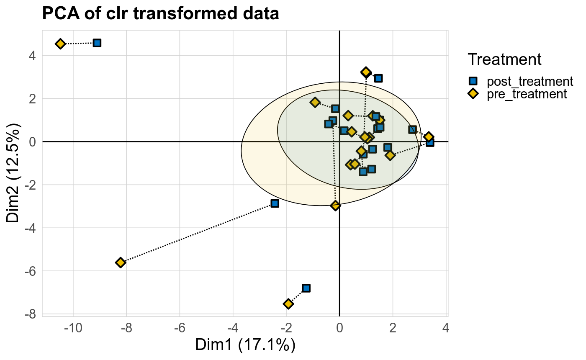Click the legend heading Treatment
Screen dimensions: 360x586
coord(505,59)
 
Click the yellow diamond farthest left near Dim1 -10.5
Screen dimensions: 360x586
coord(60,44)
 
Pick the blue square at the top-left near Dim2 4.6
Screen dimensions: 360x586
coord(97,43)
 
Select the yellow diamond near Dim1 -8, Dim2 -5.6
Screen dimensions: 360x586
coord(121,262)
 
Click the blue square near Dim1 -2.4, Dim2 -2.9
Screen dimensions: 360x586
coord(275,203)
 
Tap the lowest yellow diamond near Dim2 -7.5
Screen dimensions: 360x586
coord(288,303)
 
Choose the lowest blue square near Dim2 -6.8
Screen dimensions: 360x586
coord(306,288)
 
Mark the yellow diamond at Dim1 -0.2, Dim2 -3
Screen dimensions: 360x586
coord(335,205)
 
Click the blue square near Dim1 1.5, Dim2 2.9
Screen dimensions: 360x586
coord(378,78)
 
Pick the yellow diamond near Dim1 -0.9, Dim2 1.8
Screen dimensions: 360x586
coord(315,102)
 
